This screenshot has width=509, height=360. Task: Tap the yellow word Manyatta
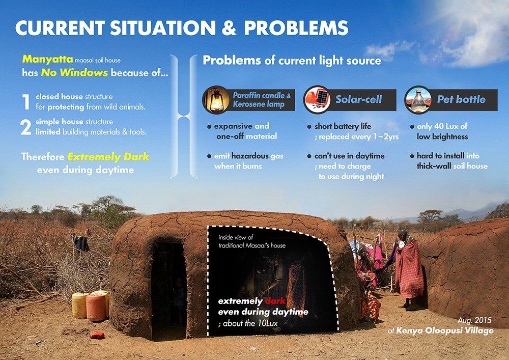(42, 60)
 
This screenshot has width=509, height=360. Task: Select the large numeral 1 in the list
(26, 101)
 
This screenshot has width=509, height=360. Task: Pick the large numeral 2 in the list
(26, 127)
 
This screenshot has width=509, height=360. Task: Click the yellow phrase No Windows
(75, 72)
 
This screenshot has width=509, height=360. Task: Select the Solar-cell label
(358, 99)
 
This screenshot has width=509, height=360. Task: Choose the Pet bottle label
(461, 99)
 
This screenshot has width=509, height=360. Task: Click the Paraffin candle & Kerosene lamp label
(262, 99)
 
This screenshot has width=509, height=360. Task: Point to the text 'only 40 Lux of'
(442, 126)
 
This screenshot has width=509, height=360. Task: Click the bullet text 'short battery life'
(343, 126)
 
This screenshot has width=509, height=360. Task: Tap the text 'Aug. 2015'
(476, 321)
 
